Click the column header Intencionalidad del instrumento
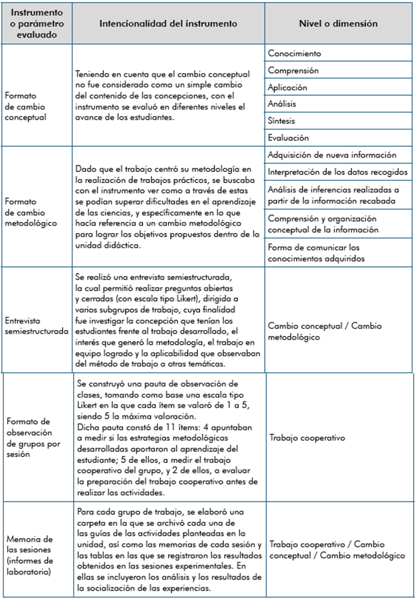click(168, 24)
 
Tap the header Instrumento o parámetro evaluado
click(37, 24)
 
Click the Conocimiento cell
click(294, 54)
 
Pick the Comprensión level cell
click(293, 71)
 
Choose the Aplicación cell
click(287, 88)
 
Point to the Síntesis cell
click(282, 121)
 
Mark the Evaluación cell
click(288, 138)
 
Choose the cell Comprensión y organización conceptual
click(322, 224)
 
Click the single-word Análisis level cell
click(282, 104)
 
